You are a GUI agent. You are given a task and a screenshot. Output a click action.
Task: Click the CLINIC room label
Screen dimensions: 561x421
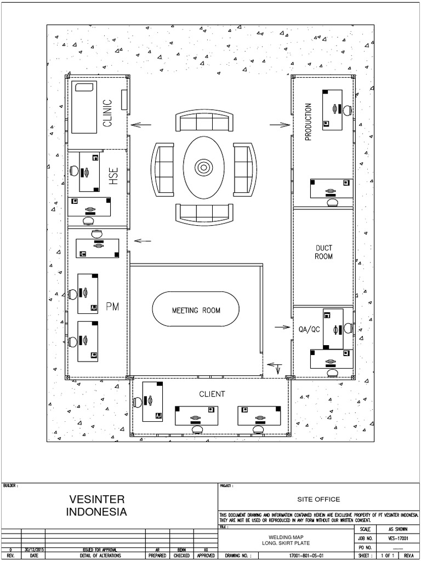point(108,113)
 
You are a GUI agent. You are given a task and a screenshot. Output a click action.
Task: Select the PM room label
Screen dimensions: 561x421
point(112,306)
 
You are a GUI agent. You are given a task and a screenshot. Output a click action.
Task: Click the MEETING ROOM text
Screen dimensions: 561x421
point(196,310)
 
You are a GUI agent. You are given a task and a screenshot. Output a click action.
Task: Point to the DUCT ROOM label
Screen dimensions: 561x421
point(324,252)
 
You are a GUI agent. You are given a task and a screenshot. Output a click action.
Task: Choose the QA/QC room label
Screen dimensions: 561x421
point(309,329)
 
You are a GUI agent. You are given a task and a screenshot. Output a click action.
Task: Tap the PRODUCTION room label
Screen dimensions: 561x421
point(308,122)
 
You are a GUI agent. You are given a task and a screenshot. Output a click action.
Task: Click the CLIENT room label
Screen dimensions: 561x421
point(212,394)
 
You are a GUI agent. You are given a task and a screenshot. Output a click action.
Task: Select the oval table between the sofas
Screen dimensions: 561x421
point(204,167)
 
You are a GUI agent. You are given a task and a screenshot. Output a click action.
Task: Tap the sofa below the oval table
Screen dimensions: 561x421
point(204,212)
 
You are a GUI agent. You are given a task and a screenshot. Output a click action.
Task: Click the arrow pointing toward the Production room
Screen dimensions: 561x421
point(280,125)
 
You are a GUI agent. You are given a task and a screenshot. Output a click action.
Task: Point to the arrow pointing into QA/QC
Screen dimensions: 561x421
point(282,327)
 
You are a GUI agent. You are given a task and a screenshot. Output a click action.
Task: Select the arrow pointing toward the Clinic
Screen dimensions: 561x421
point(141,125)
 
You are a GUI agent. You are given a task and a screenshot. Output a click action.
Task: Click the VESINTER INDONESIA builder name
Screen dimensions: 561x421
point(97,506)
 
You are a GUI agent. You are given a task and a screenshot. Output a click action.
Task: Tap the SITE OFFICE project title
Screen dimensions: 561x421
point(318,499)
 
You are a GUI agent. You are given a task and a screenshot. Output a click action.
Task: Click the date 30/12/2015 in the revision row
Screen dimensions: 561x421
point(34,549)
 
